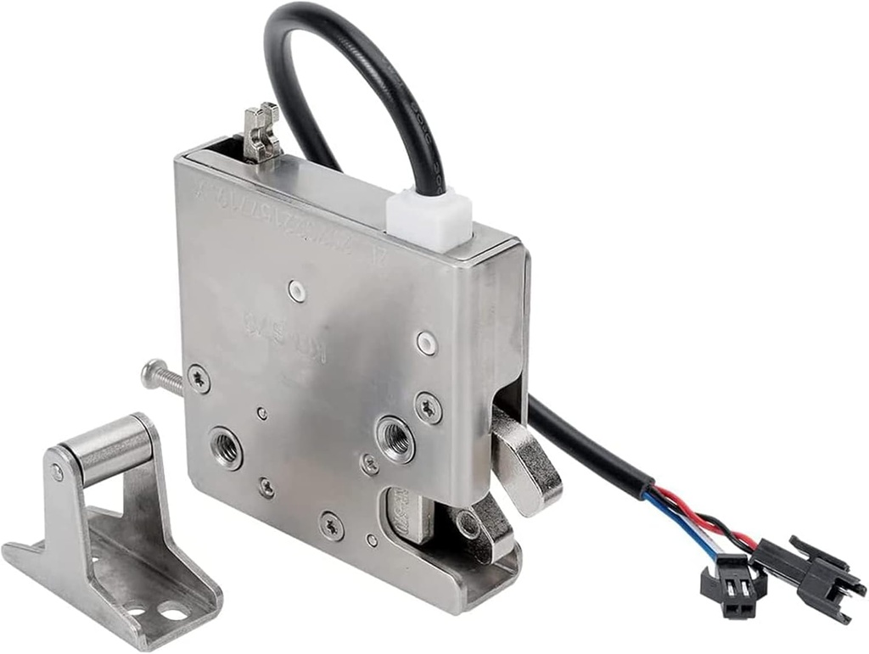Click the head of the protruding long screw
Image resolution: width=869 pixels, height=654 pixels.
pyautogui.click(x=150, y=372)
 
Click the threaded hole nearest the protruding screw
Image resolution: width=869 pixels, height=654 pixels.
pyautogui.click(x=225, y=447)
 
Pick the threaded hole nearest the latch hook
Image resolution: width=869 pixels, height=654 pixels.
pyautogui.click(x=395, y=438)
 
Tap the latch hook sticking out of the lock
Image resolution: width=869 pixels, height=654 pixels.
pyautogui.click(x=526, y=462)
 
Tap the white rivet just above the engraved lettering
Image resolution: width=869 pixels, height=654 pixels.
pyautogui.click(x=295, y=291)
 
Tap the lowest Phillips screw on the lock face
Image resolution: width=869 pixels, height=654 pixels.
pyautogui.click(x=331, y=525)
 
